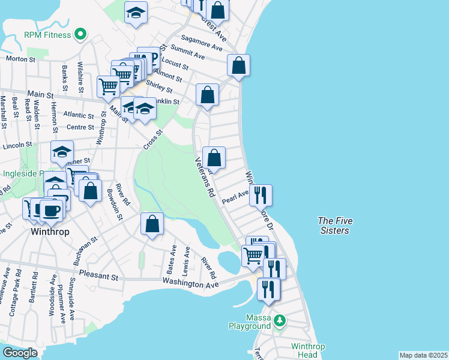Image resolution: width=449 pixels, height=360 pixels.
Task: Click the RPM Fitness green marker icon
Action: click(80, 34)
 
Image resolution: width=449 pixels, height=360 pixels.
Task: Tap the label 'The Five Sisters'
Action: click(334, 226)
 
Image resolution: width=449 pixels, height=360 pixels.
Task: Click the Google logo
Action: click(20, 353)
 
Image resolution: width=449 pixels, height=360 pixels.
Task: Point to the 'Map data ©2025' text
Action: click(423, 355)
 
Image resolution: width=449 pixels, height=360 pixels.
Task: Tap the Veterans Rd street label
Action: click(205, 178)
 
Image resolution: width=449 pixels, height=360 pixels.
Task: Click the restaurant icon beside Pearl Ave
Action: click(261, 195)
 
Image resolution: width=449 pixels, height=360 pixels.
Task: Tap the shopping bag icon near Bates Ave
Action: click(152, 224)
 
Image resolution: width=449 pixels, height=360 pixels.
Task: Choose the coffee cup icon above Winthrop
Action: click(52, 209)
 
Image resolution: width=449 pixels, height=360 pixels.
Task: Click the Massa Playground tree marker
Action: click(279, 321)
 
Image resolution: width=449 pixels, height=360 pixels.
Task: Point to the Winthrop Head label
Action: click(308, 350)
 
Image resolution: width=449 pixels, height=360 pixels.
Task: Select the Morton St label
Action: click(20, 59)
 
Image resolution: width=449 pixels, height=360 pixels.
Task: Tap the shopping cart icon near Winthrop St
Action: click(109, 86)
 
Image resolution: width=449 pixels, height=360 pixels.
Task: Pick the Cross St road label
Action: click(153, 140)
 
